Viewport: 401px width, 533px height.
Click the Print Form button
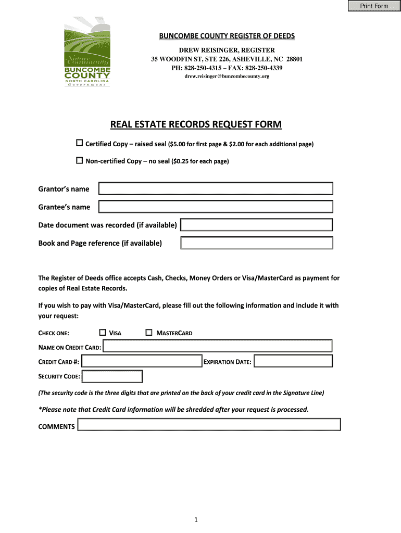[x=374, y=6]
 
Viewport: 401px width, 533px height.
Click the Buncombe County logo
[x=87, y=52]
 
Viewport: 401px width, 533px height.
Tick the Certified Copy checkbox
[x=80, y=143]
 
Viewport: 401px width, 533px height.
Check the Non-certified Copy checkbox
[x=80, y=161]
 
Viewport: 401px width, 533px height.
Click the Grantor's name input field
[x=216, y=189]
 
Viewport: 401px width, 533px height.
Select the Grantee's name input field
[x=216, y=207]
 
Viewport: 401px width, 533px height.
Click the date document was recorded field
[x=256, y=225]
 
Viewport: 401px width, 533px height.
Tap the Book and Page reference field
[x=256, y=243]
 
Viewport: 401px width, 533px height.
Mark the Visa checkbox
[x=103, y=333]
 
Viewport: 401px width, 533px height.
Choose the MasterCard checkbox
[x=149, y=333]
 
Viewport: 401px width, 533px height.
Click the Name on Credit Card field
[x=217, y=346]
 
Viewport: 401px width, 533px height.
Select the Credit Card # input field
[x=142, y=361]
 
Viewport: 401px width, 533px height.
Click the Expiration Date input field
[x=293, y=361]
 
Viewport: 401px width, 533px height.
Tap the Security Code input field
[x=112, y=376]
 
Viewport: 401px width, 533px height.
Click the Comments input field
[x=209, y=425]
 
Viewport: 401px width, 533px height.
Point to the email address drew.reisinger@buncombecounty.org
[x=227, y=77]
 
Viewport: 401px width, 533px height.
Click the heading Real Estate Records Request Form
[x=196, y=124]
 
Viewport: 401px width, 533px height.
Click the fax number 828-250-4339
[x=264, y=68]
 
